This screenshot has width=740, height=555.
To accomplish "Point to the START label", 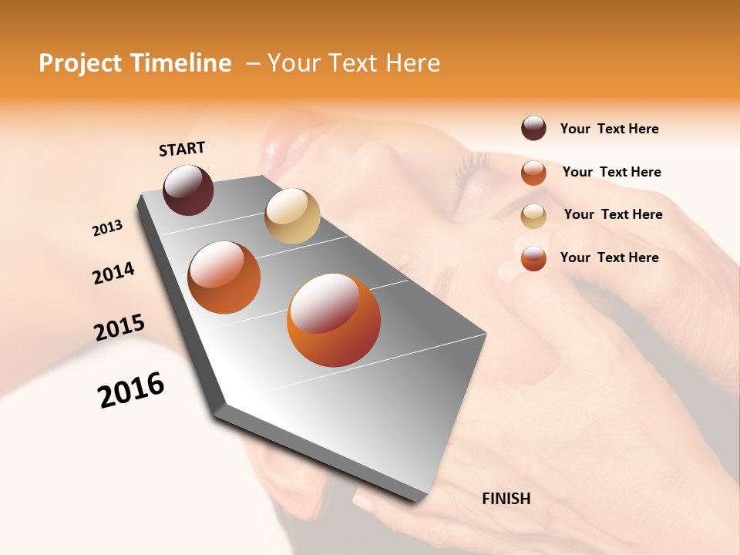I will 182,149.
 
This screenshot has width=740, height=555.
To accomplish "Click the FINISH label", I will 506,499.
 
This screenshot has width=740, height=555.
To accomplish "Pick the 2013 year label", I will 107,228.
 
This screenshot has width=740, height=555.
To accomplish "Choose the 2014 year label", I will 113,273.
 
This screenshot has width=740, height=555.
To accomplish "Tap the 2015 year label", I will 119,328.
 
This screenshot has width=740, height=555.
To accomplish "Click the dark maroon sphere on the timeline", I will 188,190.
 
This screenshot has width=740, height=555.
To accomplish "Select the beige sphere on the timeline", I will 292,216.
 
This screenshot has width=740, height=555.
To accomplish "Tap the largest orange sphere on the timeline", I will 333,320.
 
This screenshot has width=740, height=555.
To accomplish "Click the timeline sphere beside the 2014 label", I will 224,277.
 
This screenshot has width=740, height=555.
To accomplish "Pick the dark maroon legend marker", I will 533,129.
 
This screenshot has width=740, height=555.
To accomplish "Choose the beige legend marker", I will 533,216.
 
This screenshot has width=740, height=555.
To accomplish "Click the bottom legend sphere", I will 533,258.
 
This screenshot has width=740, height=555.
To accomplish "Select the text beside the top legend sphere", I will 609,129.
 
